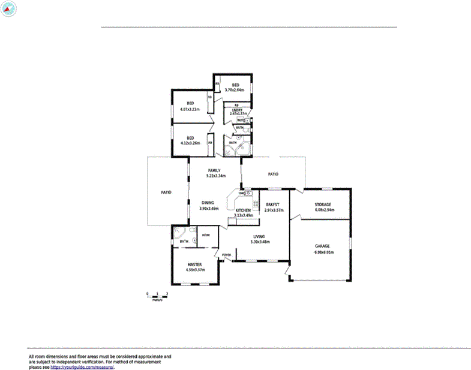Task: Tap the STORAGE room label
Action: [323, 204]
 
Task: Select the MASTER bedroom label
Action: [194, 264]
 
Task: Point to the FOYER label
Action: [226, 255]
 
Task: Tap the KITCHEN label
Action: [243, 210]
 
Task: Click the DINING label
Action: [208, 203]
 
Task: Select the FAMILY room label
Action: [214, 170]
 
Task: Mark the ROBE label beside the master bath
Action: [206, 234]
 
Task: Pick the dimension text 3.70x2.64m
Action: [233, 90]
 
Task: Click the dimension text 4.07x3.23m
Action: [190, 109]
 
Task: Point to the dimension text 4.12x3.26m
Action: [190, 143]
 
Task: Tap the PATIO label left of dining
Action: [166, 192]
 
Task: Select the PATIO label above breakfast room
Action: [273, 174]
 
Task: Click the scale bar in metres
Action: [157, 294]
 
